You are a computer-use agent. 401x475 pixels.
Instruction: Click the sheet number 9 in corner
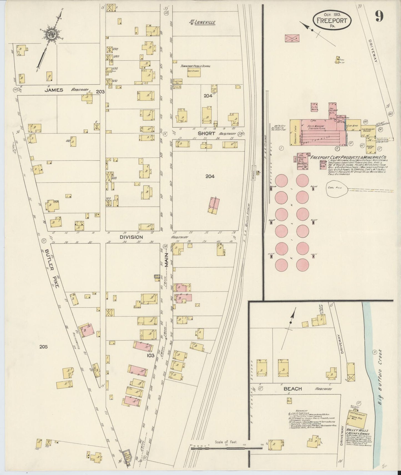379,17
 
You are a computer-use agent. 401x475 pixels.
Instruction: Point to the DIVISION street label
131,237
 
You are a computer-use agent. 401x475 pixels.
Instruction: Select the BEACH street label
292,389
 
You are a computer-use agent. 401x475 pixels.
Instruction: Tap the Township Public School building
193,72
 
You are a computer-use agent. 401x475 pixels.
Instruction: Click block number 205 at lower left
44,347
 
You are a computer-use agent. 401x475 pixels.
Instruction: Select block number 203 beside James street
100,92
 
